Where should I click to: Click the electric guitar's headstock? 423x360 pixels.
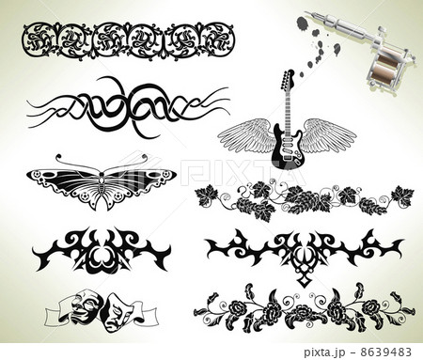289,79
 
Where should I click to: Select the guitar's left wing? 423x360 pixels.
245,135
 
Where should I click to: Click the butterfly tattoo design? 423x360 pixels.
102,182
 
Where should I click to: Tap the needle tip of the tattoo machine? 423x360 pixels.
305,12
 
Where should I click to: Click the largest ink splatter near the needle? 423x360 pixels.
302,24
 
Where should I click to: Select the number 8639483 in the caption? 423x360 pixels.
385,352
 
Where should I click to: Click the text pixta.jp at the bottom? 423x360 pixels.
324,352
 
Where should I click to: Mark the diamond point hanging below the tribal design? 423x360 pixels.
303,281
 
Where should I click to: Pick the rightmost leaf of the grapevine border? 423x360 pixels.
402,196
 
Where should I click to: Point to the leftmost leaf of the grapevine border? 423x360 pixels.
205,196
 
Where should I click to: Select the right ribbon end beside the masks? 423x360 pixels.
147,315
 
